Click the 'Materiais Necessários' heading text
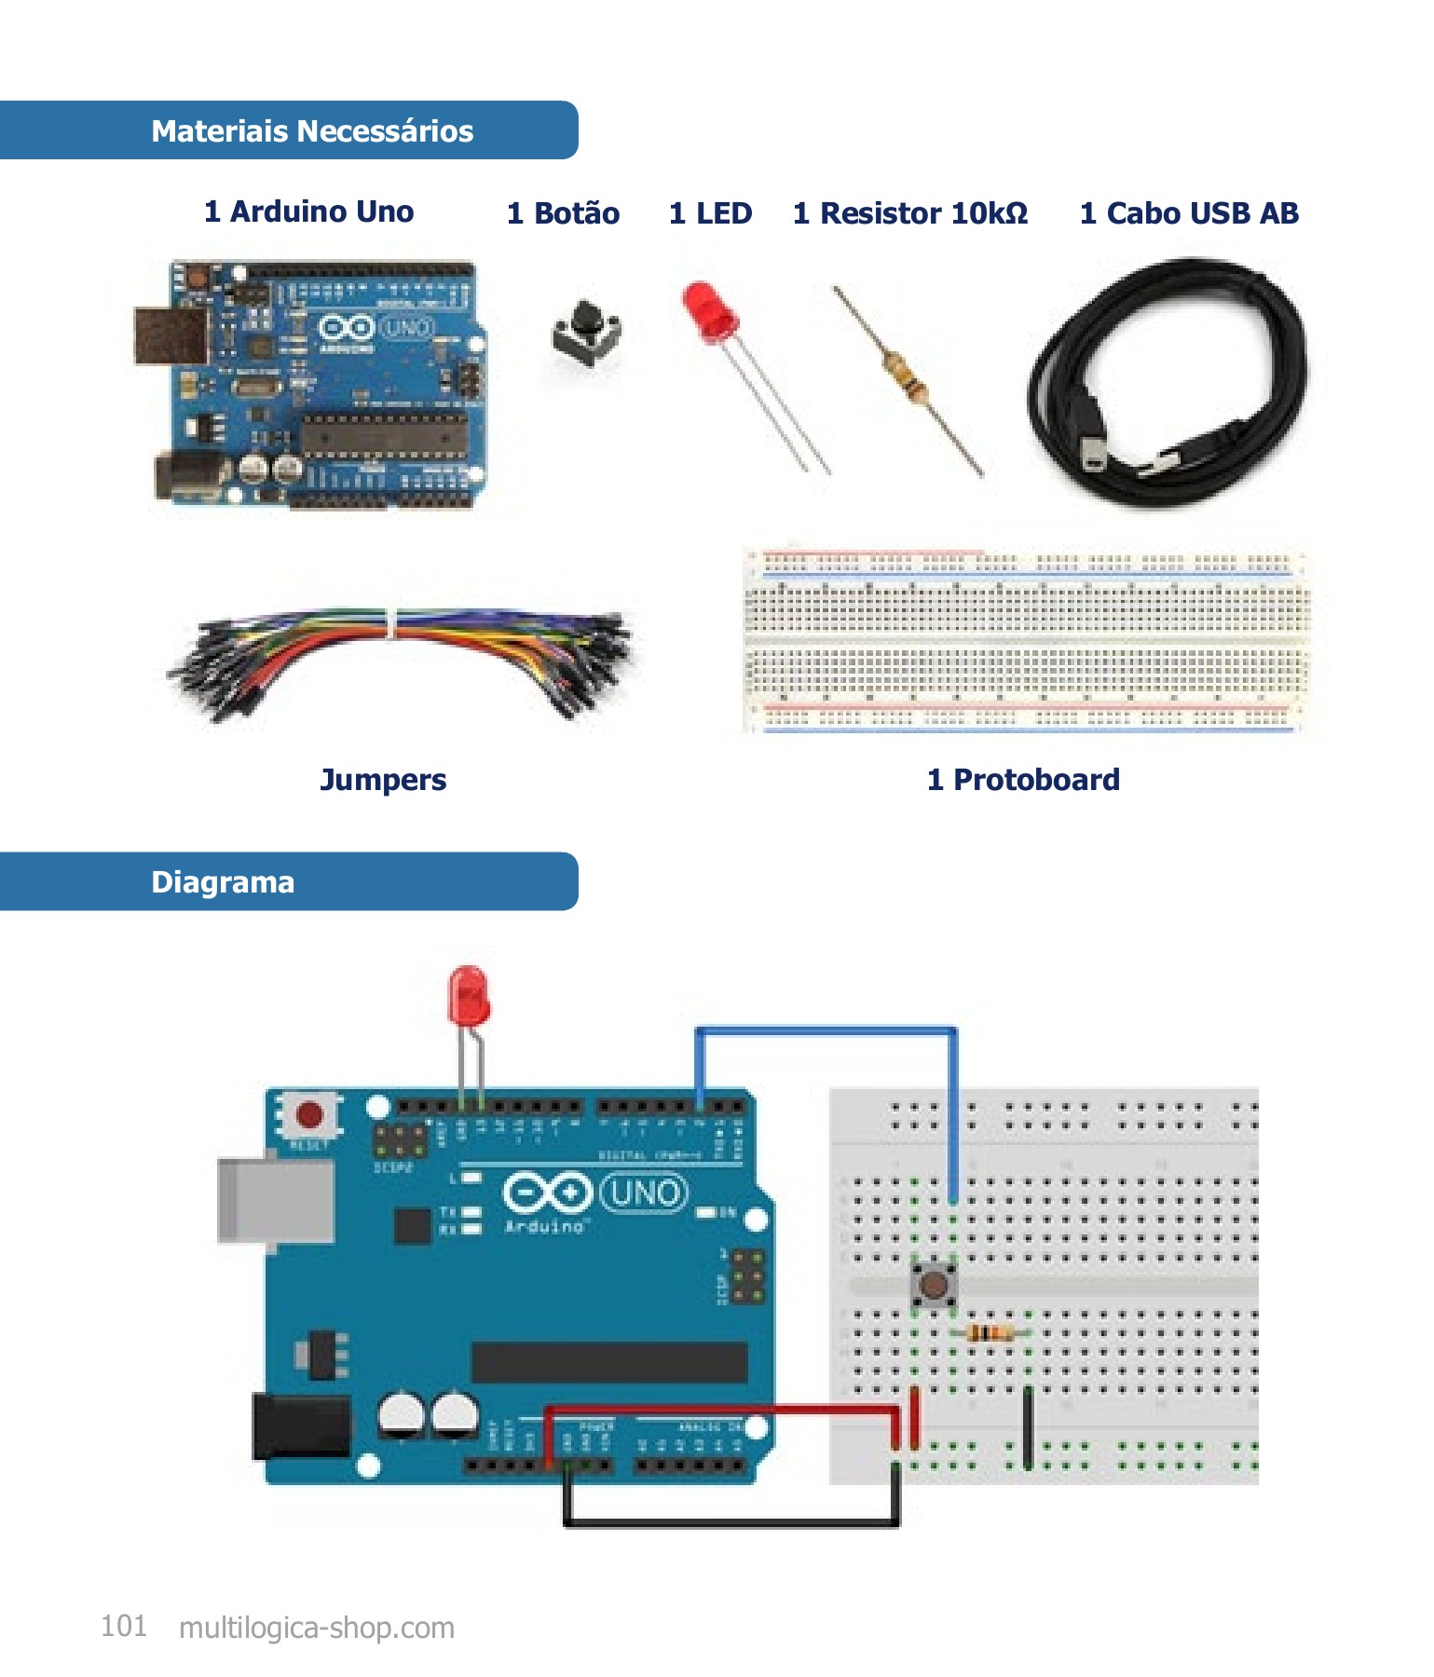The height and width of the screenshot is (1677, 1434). pos(312,131)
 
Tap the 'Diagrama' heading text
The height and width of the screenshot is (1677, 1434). pos(223,881)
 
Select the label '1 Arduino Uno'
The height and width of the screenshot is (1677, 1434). pos(308,211)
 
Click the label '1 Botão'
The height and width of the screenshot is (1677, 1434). pos(563,213)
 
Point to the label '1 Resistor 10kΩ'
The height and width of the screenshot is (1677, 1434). pos(909,213)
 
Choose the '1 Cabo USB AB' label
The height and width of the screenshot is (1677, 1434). pos(1188,213)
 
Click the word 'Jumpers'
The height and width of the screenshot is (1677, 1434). pos(383,780)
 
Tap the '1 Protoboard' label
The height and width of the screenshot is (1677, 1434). pos(1022,780)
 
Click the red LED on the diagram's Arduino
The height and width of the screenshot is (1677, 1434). pos(468,995)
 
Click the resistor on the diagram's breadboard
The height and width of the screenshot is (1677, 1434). pos(990,1333)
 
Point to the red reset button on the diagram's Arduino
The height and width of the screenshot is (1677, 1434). pos(309,1114)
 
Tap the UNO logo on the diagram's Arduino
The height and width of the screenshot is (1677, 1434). pos(645,1193)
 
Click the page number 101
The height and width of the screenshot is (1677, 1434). pos(124,1627)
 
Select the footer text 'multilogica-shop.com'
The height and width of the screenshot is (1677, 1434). pos(316,1628)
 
